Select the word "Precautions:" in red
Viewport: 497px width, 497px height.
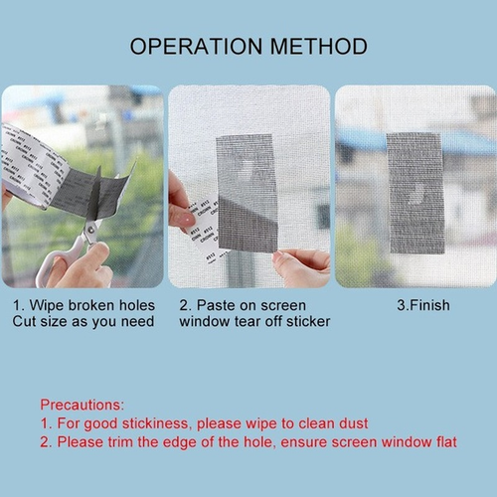[x=82, y=405]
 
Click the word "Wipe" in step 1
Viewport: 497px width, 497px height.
[x=53, y=305]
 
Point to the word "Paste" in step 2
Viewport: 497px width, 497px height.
[x=216, y=305]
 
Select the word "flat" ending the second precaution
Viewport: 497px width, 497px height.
[x=442, y=441]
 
